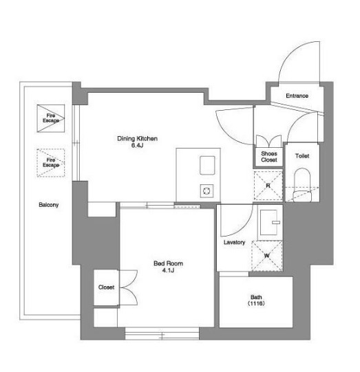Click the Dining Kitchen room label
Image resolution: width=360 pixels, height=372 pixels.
137,138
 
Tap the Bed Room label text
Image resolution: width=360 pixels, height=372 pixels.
168,263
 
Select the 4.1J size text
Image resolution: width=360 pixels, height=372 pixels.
168,270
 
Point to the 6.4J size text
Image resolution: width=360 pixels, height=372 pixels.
137,145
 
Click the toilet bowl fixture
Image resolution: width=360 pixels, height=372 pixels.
302,185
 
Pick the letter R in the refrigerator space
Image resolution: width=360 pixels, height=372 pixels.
268,186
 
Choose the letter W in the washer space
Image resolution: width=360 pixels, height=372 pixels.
267,256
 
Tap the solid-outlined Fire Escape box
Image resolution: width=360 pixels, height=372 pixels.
50,118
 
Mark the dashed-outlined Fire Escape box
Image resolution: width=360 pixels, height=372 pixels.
50,163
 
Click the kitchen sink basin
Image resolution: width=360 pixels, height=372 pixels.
207,165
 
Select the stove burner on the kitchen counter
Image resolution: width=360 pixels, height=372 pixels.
207,190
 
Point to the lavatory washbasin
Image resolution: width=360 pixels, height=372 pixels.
269,222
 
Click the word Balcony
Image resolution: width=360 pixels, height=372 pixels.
49,205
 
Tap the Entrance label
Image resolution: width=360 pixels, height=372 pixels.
297,96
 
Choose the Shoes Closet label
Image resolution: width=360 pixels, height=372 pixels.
269,157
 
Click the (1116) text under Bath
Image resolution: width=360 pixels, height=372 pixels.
256,303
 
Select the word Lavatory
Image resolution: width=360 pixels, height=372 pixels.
235,242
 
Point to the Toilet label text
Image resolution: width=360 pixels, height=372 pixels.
302,156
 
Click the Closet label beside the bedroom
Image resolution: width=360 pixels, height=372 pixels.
106,287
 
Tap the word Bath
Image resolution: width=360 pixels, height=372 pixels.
256,297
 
